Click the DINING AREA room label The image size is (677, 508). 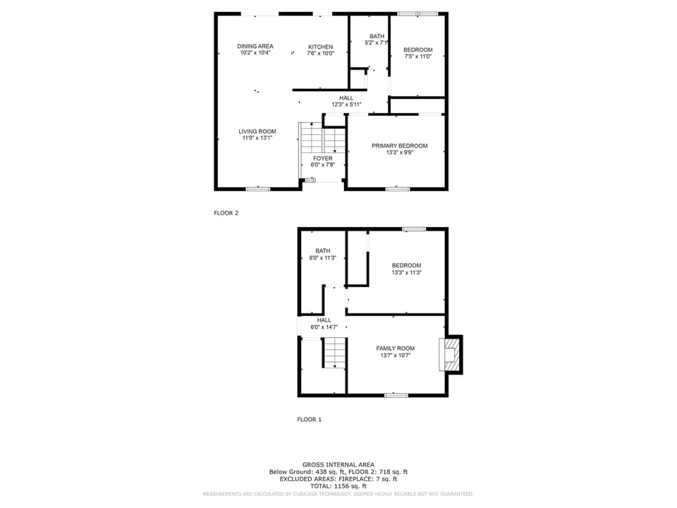click(x=255, y=47)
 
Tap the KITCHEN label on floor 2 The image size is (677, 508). click(x=320, y=47)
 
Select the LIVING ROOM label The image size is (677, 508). click(x=257, y=131)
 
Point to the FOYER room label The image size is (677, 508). click(x=322, y=159)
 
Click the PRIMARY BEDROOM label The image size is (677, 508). click(x=399, y=146)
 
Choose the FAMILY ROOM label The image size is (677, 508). click(x=395, y=349)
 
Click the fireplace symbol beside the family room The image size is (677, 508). click(x=449, y=353)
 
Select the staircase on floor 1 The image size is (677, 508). click(x=334, y=352)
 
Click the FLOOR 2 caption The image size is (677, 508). click(x=226, y=212)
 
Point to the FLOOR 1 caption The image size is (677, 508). click(x=309, y=419)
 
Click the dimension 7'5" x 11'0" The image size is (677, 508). click(x=417, y=56)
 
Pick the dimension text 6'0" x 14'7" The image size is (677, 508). click(x=324, y=327)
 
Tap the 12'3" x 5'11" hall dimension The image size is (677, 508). click(x=346, y=104)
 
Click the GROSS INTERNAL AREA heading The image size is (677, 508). click(x=338, y=464)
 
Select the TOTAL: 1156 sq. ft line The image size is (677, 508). click(x=338, y=486)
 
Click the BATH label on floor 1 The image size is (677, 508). click(x=322, y=251)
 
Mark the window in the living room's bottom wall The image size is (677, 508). click(x=257, y=188)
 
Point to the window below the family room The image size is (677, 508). click(x=396, y=395)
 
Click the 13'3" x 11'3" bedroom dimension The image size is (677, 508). click(x=406, y=272)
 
